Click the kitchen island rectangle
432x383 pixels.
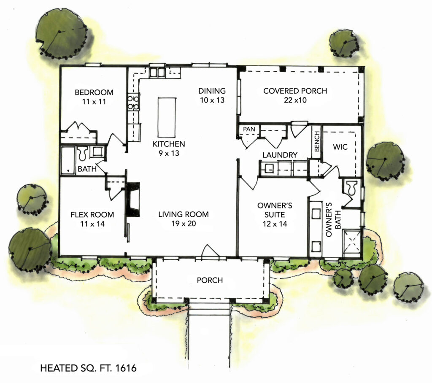pos(166,115)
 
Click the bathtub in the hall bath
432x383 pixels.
pos(67,160)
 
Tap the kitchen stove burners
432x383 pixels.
pos(134,102)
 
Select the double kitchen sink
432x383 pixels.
pos(157,73)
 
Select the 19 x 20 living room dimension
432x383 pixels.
pos(183,224)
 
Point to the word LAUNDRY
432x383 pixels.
pos(280,155)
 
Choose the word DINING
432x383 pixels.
pos(212,91)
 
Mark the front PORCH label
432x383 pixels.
pos(210,280)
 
